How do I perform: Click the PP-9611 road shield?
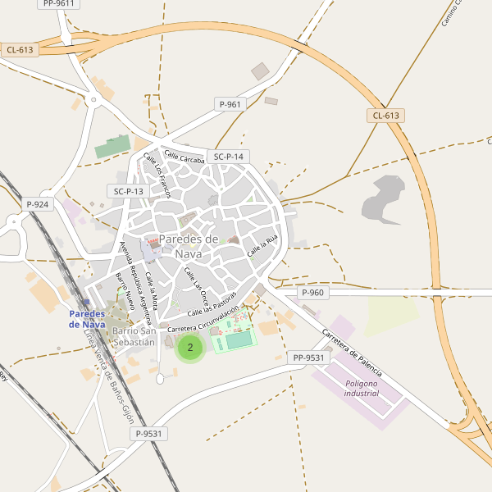(58, 3)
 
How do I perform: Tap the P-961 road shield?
(230, 104)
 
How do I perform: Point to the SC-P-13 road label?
(129, 191)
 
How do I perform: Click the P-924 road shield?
(38, 204)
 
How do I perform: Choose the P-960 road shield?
(313, 293)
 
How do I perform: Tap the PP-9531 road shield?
(308, 358)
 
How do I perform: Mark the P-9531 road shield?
(151, 434)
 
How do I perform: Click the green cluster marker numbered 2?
(190, 348)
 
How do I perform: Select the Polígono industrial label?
(362, 389)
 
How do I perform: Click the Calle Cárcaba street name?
(184, 156)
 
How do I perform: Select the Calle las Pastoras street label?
(212, 303)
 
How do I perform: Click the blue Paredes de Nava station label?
(87, 319)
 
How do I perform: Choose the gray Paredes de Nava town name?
(189, 246)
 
